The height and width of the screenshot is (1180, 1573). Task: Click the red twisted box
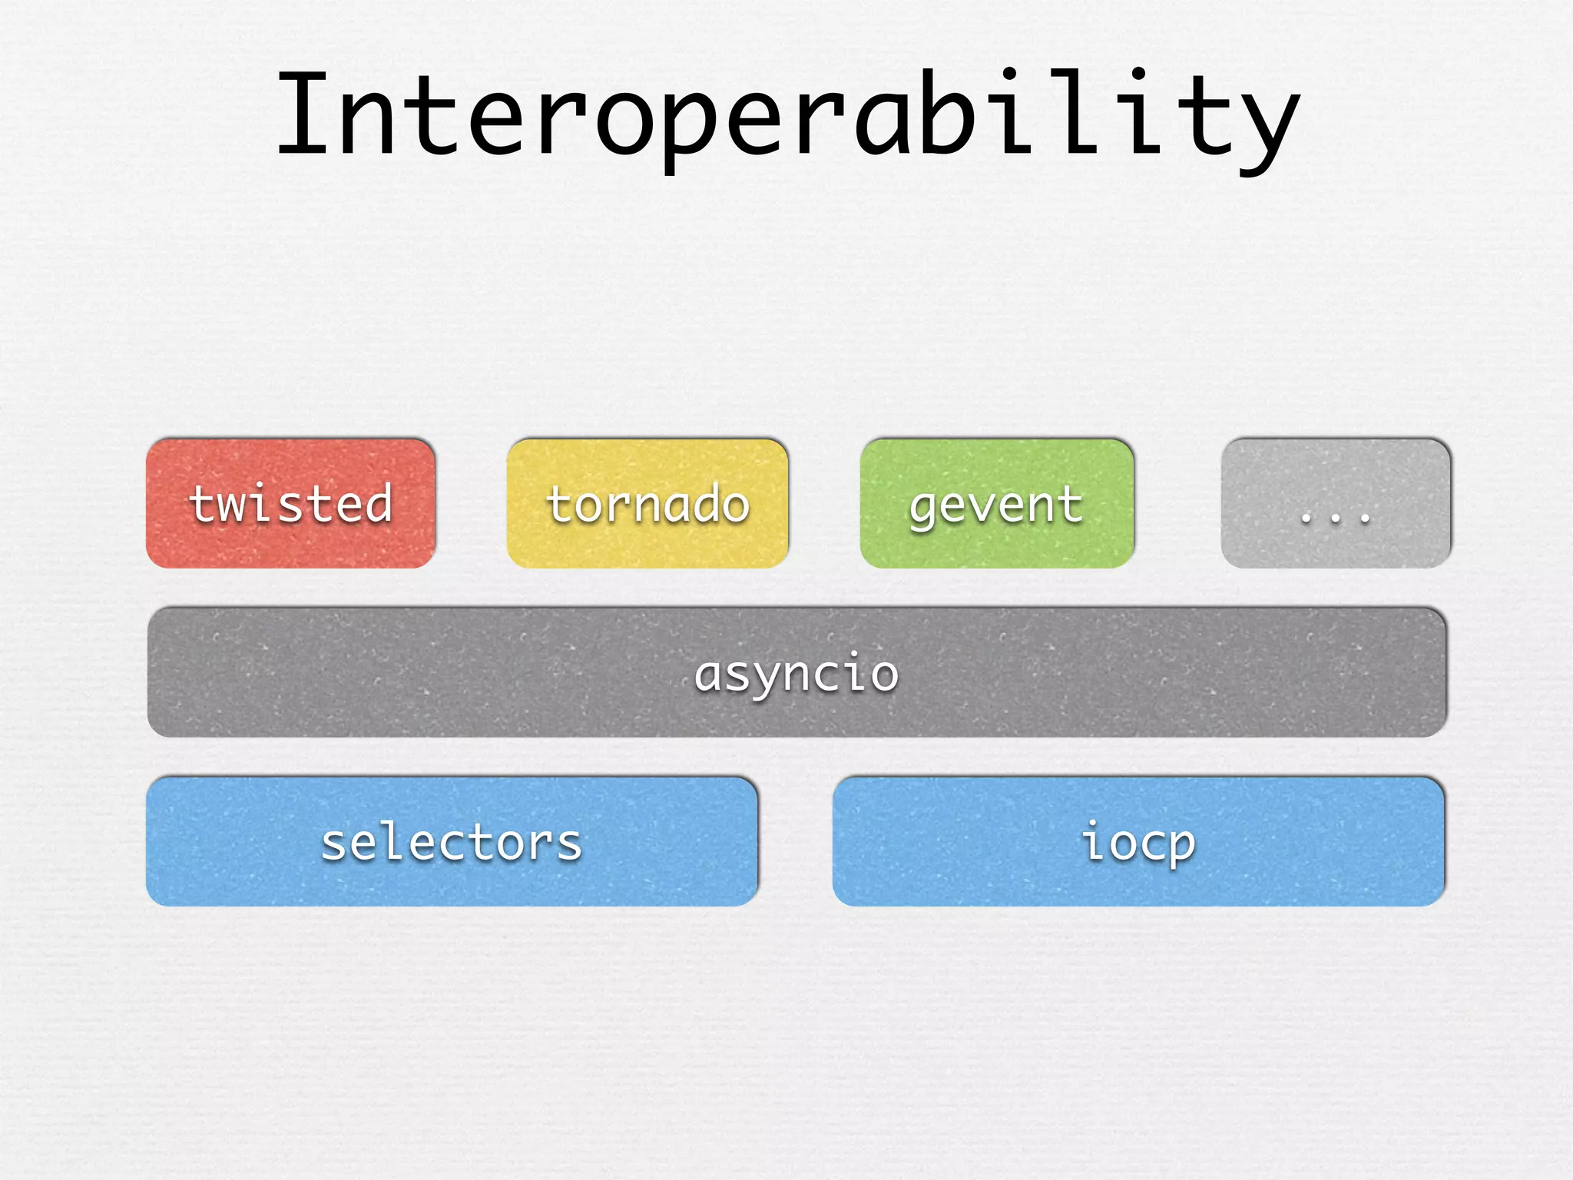(x=290, y=503)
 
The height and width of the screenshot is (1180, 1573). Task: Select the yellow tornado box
(x=647, y=503)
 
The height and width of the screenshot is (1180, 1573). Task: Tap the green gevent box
(x=997, y=503)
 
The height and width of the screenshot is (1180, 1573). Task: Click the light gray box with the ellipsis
(x=1336, y=503)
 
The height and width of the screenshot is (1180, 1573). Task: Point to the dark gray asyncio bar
(x=796, y=672)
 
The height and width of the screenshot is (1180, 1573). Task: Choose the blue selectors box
(x=452, y=841)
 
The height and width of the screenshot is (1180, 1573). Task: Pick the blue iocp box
(x=1138, y=841)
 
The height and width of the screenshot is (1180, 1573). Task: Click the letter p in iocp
(x=1179, y=848)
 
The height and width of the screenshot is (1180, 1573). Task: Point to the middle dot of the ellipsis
(x=1336, y=519)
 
